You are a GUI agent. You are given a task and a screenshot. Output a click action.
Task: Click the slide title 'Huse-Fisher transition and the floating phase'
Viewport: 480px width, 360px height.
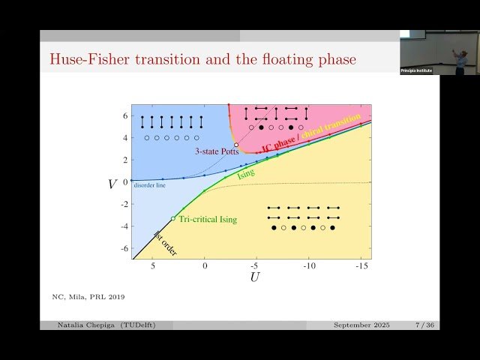coord(202,58)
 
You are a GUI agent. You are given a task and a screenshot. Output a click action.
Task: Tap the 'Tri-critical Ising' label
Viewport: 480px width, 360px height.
coord(208,219)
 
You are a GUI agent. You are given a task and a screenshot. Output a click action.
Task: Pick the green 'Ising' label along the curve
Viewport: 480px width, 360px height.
coord(245,175)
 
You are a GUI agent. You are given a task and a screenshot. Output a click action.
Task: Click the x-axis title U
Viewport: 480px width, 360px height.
coord(254,277)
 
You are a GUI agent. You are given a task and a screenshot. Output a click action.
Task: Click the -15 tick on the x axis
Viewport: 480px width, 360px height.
coord(361,265)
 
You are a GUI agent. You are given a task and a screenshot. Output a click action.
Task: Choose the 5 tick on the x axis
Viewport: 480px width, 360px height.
coord(153,265)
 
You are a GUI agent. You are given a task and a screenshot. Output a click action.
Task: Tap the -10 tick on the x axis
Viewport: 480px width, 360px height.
coord(308,265)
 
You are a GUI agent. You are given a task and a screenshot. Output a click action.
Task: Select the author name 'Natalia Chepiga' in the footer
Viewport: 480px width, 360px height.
coord(88,325)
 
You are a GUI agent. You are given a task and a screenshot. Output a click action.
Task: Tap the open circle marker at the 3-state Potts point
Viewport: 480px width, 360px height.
coord(236,145)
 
